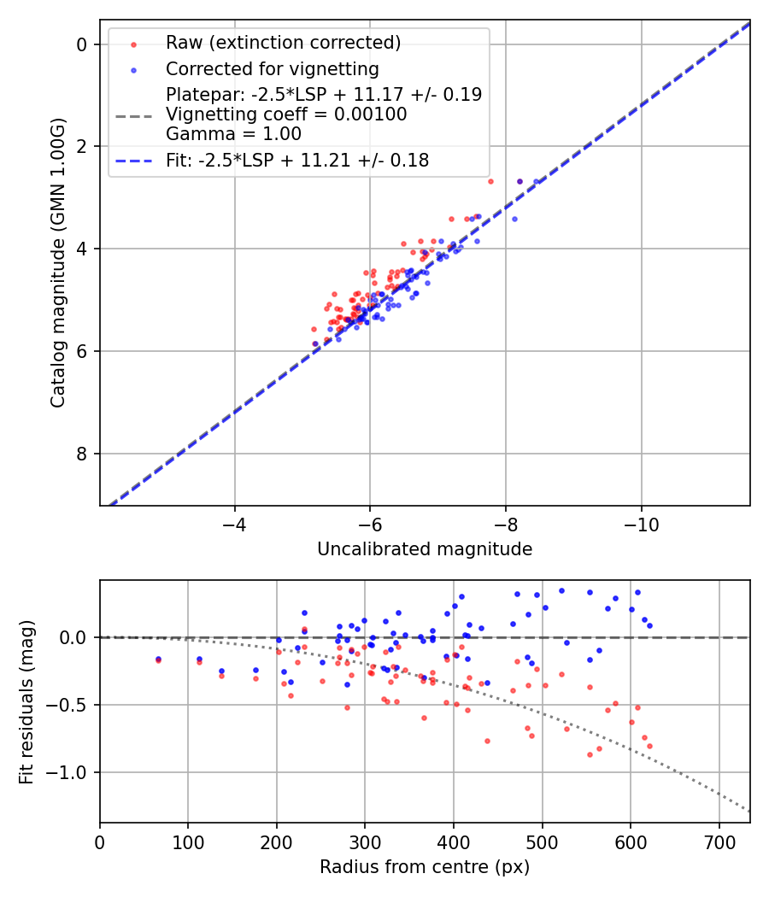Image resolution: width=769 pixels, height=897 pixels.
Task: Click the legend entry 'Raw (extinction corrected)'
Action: pyautogui.click(x=283, y=43)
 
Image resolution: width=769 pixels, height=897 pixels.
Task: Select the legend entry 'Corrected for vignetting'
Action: pyautogui.click(x=272, y=68)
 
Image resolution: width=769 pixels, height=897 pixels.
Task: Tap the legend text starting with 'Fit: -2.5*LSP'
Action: pyautogui.click(x=297, y=160)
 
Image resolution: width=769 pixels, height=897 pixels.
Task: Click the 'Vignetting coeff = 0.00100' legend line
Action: pyautogui.click(x=286, y=114)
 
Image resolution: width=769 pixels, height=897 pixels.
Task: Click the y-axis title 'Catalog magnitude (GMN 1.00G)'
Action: pyautogui.click(x=57, y=262)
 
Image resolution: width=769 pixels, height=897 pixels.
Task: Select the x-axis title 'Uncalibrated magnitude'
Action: pyautogui.click(x=425, y=549)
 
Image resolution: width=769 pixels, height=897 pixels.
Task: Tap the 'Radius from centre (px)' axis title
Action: pyautogui.click(x=425, y=867)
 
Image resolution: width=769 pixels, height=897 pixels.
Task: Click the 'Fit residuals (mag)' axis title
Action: pyautogui.click(x=26, y=701)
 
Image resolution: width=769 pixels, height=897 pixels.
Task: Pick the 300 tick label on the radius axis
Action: pyautogui.click(x=365, y=841)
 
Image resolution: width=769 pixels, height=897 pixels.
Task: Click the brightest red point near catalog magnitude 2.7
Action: pyautogui.click(x=490, y=181)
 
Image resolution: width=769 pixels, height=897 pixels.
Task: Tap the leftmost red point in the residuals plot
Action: pyautogui.click(x=158, y=660)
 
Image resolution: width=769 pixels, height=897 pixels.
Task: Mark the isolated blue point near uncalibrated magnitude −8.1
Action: pyautogui.click(x=514, y=219)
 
